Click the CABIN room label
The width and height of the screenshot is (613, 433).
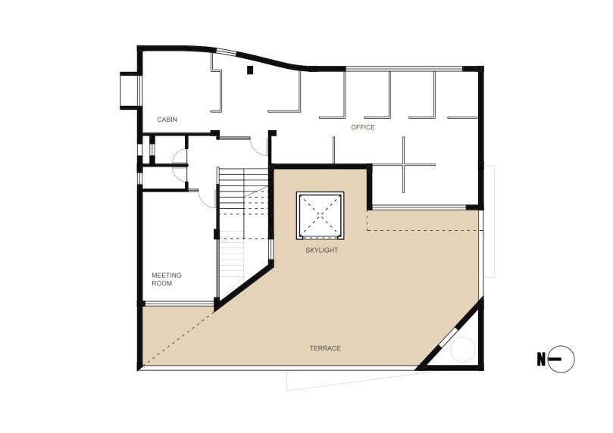pos(167,120)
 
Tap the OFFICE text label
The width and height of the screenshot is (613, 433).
pos(363,127)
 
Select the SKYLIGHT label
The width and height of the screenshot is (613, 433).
pos(322,251)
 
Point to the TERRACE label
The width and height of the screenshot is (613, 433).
pos(325,348)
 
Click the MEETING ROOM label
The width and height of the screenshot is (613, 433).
pos(167,279)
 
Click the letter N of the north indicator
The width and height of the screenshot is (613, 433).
pos(541,360)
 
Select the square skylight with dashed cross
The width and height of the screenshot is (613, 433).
pos(321,215)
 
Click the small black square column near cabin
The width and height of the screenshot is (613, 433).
pos(250,70)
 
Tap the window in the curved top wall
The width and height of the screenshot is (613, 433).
pos(227,51)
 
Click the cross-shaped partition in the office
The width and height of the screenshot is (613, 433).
pos(404,165)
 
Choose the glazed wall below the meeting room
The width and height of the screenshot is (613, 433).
pos(180,304)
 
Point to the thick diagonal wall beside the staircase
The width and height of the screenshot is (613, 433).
pos(244,286)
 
